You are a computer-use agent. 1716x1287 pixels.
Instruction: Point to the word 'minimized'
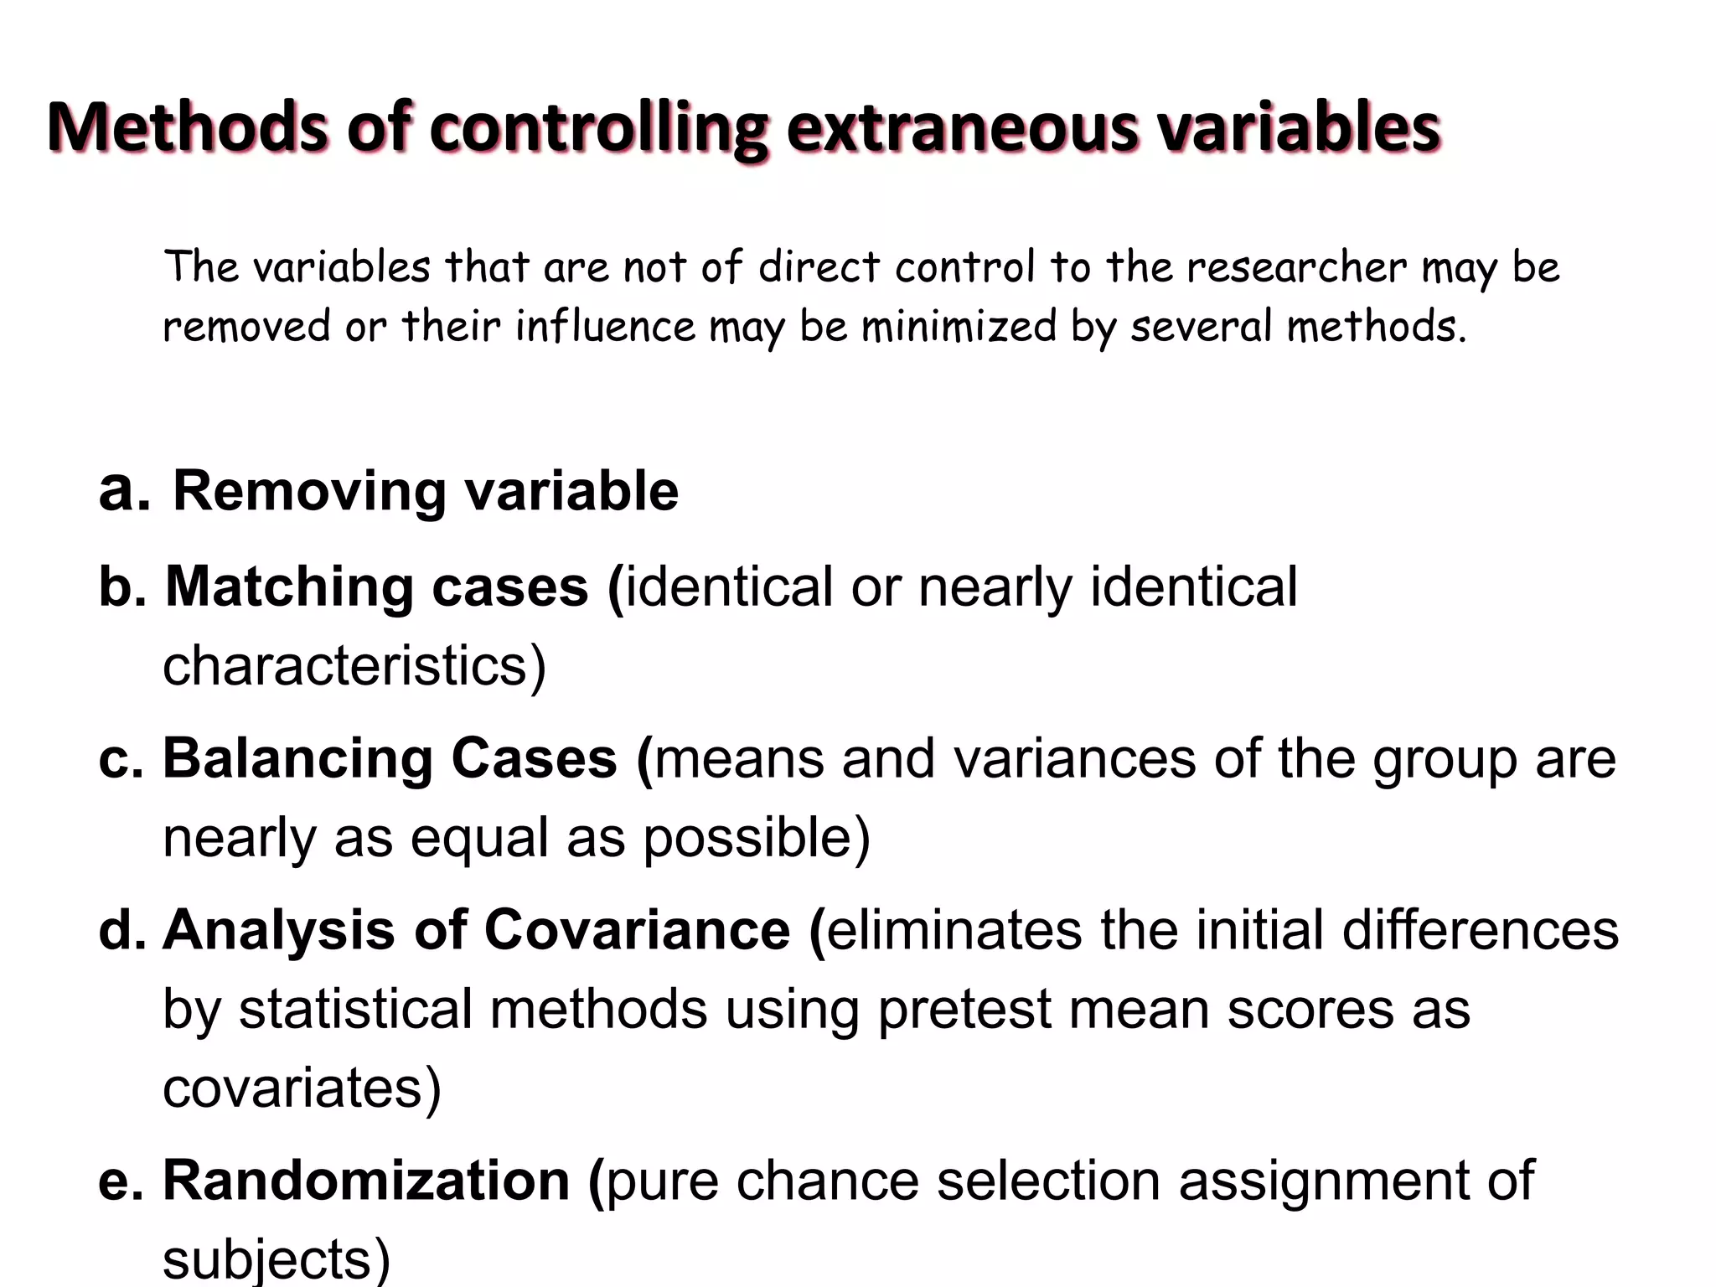coord(959,326)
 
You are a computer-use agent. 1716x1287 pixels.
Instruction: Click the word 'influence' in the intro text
coord(605,326)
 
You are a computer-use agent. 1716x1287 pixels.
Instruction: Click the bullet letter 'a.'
coord(124,490)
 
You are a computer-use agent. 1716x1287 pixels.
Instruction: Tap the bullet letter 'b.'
coord(122,586)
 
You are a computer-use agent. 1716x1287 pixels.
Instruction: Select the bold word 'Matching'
coord(289,587)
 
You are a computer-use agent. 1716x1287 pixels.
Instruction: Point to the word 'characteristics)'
coord(354,666)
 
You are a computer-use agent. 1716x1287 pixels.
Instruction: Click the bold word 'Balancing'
coord(297,759)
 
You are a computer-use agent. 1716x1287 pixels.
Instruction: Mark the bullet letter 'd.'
coord(122,930)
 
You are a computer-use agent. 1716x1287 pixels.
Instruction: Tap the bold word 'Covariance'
coord(637,930)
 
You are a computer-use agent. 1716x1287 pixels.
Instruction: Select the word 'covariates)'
coord(302,1088)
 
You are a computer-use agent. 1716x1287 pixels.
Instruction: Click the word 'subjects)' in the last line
coord(277,1259)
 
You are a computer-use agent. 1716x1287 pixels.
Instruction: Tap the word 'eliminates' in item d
coord(954,930)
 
